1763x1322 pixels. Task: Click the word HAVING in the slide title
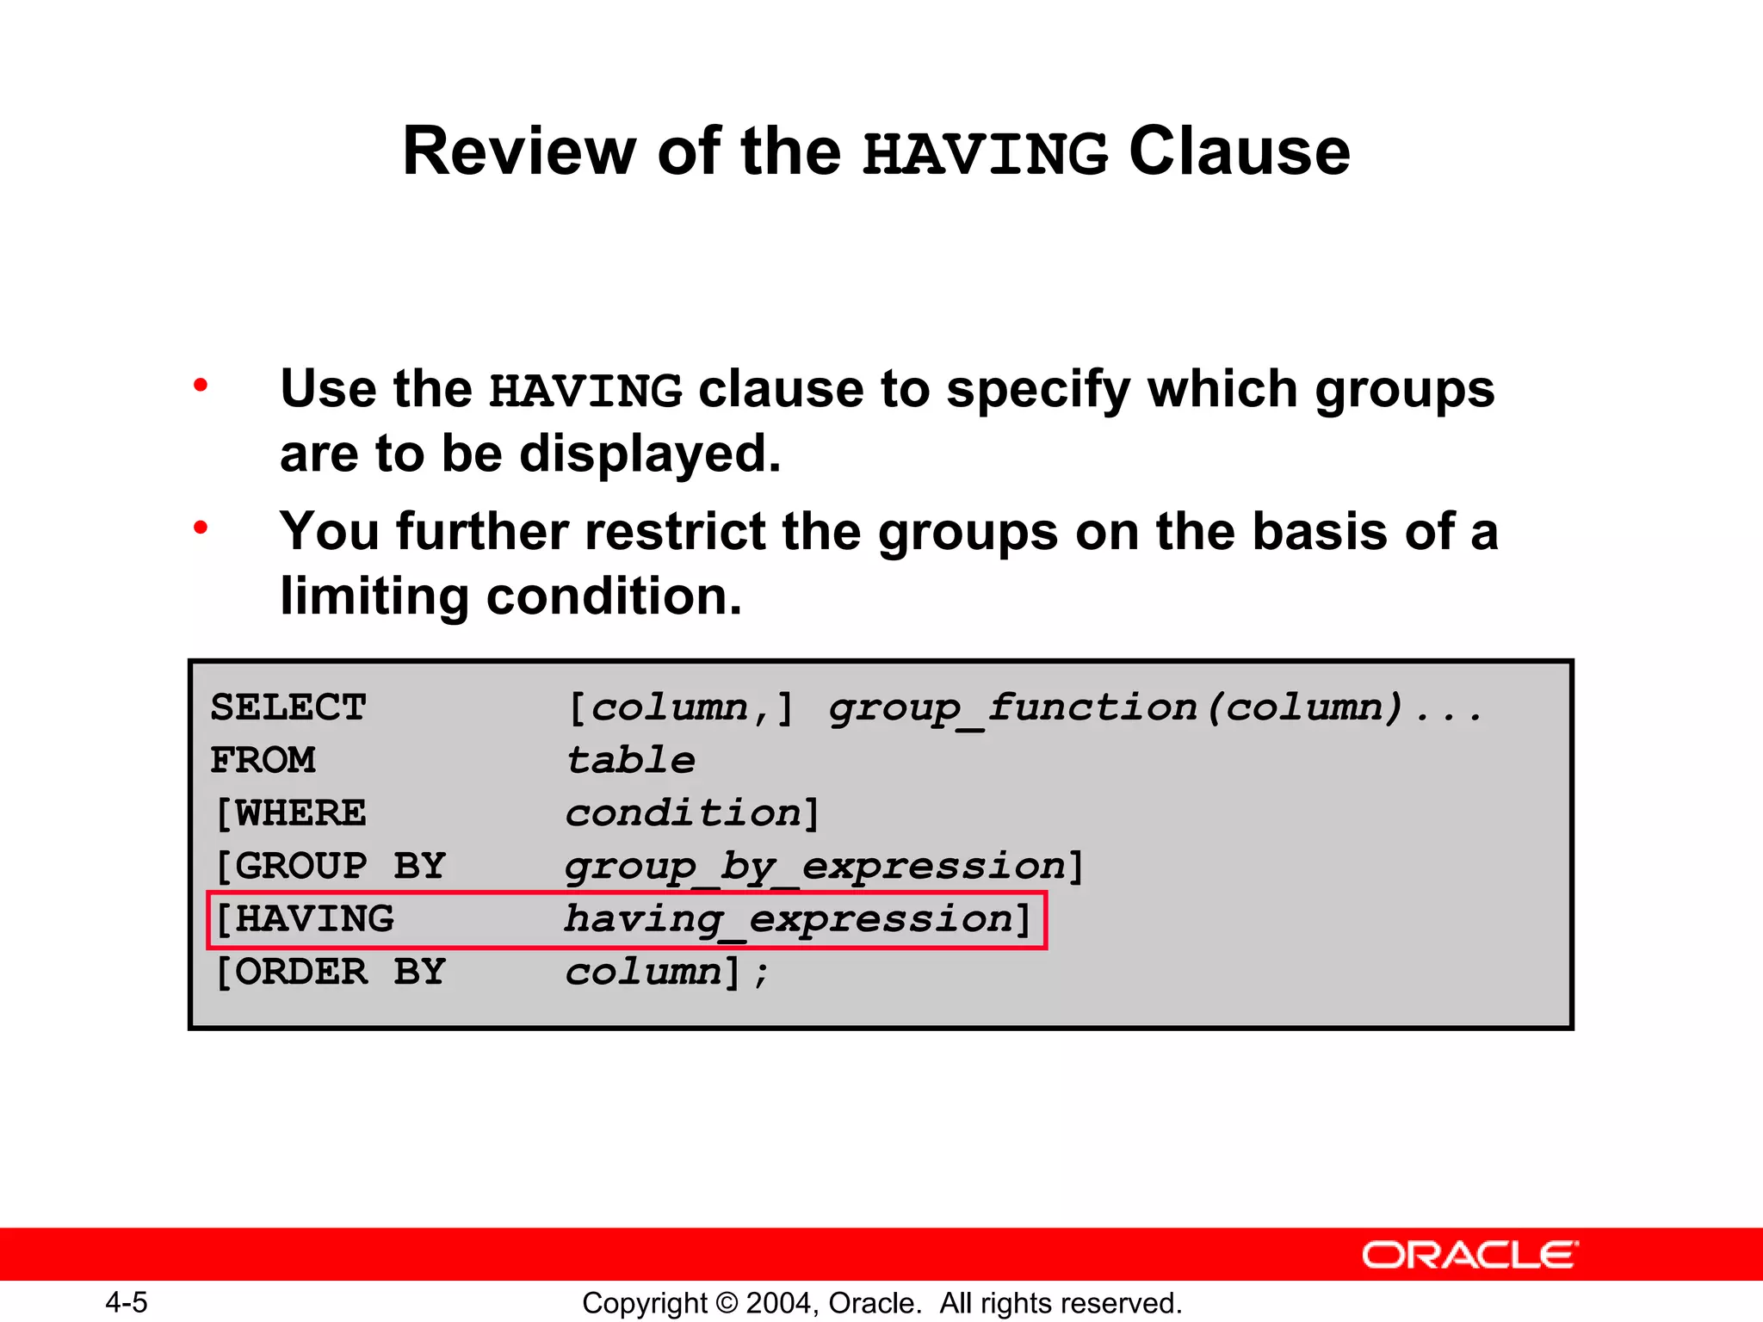coord(985,153)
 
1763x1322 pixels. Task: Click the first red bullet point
coord(201,385)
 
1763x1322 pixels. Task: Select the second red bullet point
coord(201,527)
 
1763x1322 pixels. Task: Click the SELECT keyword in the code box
coord(288,707)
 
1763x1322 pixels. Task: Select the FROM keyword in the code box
coord(263,760)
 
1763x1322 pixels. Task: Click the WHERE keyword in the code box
coord(299,813)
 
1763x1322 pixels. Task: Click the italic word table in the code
coord(630,760)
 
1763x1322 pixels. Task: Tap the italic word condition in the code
coord(684,813)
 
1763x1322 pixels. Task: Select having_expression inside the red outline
coord(789,919)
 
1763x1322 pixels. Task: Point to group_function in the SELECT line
coord(1012,708)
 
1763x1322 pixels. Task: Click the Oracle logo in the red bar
coord(1469,1255)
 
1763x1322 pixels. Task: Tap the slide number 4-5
coord(127,1302)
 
